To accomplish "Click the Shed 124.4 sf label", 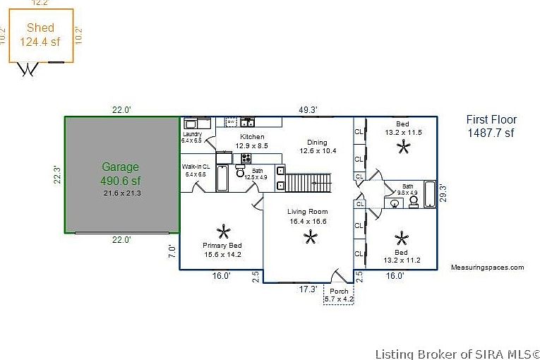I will tap(40, 35).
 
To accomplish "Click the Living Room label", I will tap(308, 217).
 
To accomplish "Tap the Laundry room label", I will tap(192, 137).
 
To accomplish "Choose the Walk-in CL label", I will tap(195, 169).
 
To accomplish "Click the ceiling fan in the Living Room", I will tap(310, 237).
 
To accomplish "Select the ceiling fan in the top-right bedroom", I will tap(403, 146).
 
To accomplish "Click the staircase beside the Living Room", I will tap(308, 183).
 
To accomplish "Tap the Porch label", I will tap(339, 295).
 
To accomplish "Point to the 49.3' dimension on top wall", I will tap(308, 109).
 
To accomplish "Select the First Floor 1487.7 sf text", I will tap(491, 126).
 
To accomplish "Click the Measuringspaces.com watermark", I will tap(488, 268).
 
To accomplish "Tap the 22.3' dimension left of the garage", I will tap(58, 174).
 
